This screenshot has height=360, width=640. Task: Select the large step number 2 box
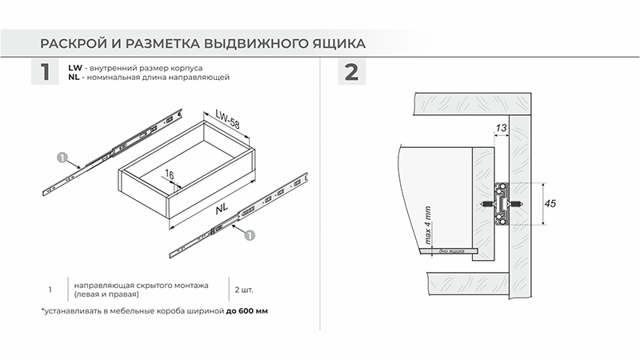click(x=350, y=73)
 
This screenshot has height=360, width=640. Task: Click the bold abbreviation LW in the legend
click(x=75, y=68)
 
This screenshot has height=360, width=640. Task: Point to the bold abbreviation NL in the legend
click(x=74, y=78)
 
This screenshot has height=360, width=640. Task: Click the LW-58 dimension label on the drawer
click(x=226, y=121)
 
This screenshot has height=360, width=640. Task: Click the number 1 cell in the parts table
click(x=50, y=289)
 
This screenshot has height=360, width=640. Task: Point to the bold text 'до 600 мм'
click(x=246, y=310)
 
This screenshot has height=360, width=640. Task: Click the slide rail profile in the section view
click(x=502, y=205)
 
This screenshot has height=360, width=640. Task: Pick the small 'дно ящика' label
click(x=453, y=250)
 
